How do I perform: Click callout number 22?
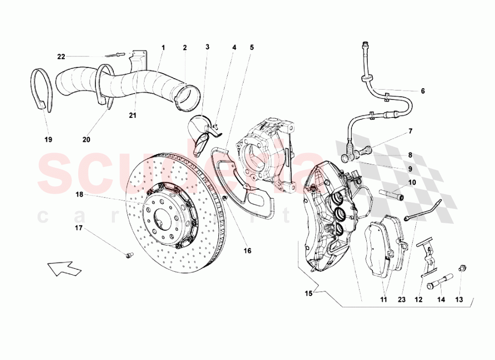[61, 56]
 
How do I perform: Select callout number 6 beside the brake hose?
[423, 91]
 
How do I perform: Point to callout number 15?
[308, 294]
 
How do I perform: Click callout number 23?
[401, 300]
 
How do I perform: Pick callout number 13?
[459, 300]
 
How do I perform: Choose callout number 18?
[79, 195]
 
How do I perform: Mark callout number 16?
[247, 251]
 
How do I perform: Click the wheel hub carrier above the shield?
[265, 151]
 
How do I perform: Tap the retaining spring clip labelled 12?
[426, 257]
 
